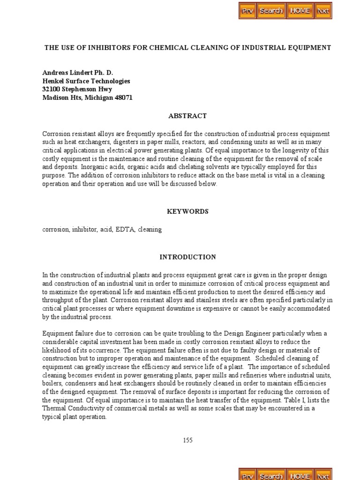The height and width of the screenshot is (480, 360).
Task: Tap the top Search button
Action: [271, 10]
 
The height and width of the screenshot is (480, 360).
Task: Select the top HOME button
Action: [300, 10]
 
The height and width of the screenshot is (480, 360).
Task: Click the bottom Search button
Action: [271, 475]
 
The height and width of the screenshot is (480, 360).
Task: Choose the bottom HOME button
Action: [300, 475]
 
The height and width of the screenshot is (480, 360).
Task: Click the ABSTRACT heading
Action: [187, 116]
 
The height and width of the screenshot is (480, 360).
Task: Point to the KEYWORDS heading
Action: [187, 211]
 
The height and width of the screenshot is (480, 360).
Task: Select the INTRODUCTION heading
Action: [187, 257]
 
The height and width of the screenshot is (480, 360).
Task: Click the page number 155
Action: [187, 440]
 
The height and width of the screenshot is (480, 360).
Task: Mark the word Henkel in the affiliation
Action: [53, 81]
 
